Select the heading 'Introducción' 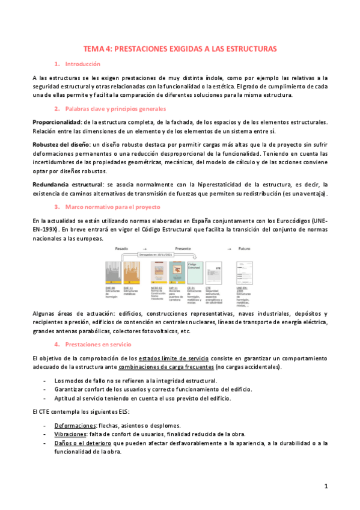pos(82,63)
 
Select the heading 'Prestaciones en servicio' pos(97,344)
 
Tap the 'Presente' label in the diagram pos(179,248)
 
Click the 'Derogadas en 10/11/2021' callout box pos(157,254)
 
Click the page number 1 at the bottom pos(325,486)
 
